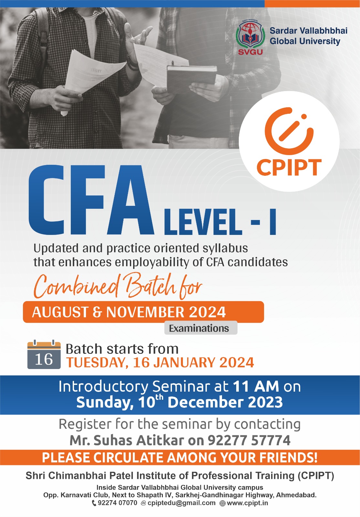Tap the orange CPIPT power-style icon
click(x=289, y=131)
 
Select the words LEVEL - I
click(x=220, y=222)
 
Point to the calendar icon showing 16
click(x=44, y=354)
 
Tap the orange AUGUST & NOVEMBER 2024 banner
click(x=143, y=312)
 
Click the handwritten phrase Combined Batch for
click(x=118, y=286)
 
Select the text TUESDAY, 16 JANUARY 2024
click(x=160, y=363)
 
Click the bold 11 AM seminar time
click(x=256, y=386)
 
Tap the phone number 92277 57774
click(x=249, y=440)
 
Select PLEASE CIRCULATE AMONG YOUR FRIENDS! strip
click(x=180, y=458)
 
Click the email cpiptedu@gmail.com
click(x=181, y=503)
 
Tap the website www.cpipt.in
click(x=247, y=503)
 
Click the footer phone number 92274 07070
click(x=117, y=503)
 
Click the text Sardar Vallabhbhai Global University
click(x=309, y=36)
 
